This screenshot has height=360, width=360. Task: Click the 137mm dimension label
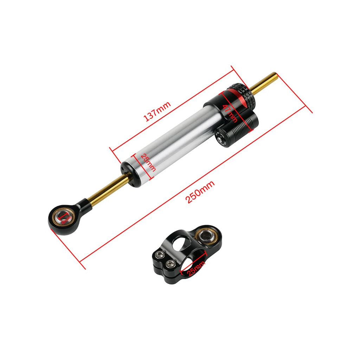[x=157, y=111]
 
